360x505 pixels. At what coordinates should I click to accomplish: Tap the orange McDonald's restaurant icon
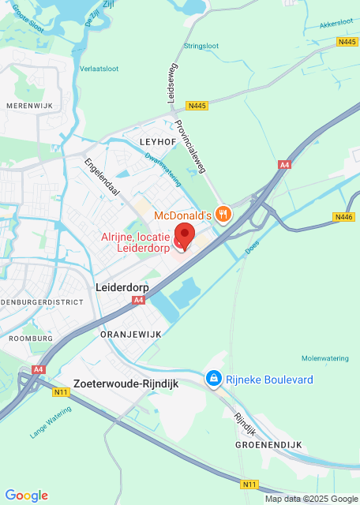[224, 214]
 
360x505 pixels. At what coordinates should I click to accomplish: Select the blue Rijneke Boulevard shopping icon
[212, 380]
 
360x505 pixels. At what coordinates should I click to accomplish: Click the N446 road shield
[344, 217]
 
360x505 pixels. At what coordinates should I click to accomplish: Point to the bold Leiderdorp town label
[122, 288]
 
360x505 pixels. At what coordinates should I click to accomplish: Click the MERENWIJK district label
[28, 105]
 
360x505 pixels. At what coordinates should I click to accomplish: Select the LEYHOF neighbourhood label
[156, 140]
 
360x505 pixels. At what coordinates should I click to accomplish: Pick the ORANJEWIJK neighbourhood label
[130, 335]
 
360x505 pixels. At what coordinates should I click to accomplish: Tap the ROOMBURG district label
[31, 338]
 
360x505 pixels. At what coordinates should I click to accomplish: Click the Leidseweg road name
[171, 83]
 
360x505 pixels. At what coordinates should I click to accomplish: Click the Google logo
[26, 495]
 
